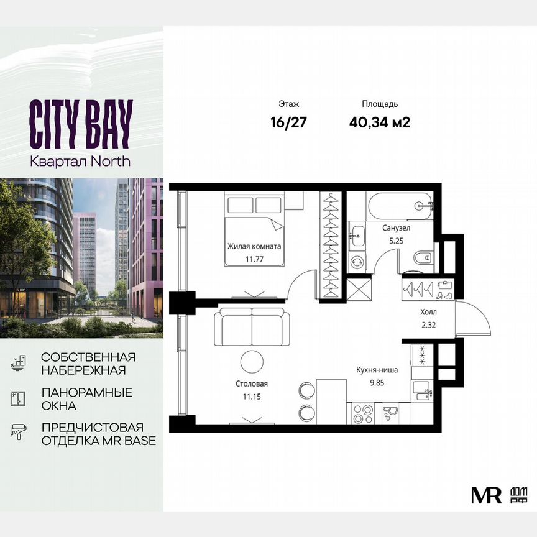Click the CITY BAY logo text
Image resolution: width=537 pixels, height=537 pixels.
81,124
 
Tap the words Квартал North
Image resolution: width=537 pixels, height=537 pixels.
81,161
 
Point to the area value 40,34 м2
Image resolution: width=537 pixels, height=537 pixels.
380,122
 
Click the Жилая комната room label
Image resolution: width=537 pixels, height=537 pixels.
254,246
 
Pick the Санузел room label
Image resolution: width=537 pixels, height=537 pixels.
395,228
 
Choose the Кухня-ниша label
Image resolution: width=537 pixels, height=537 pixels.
377,370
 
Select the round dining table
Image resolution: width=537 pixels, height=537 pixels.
252,361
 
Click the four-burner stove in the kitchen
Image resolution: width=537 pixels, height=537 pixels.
362,414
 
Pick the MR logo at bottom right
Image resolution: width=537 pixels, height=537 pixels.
486,495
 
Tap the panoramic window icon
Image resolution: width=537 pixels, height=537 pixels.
18,398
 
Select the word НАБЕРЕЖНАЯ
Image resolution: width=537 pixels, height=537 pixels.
83,370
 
